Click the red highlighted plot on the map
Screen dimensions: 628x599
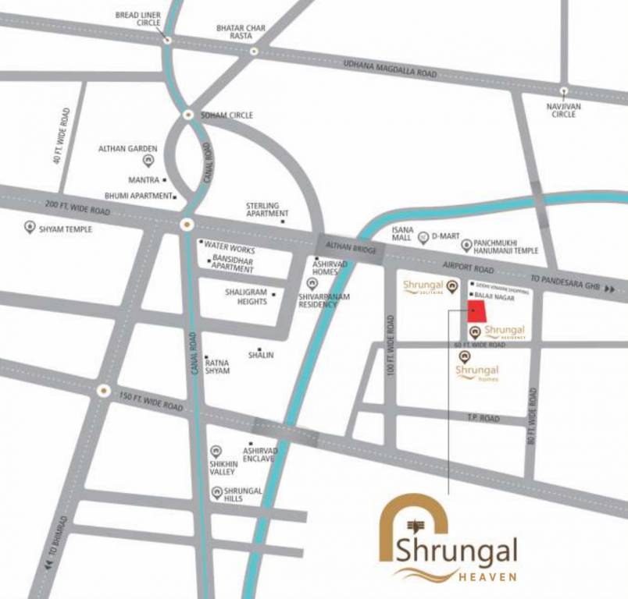[x=476, y=312]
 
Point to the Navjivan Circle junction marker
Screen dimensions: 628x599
[x=563, y=90]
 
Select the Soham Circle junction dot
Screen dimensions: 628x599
[x=188, y=115]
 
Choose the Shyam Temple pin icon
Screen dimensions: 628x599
[x=30, y=228]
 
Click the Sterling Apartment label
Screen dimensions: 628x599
[x=267, y=209]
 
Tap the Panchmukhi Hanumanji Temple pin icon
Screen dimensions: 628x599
[x=466, y=246]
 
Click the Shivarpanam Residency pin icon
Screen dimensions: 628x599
[x=312, y=284]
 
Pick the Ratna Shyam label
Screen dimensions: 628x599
[x=217, y=367]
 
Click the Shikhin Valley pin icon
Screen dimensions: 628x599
[x=216, y=451]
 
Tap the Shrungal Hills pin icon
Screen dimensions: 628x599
[x=216, y=492]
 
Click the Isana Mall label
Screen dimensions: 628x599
[x=403, y=235]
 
